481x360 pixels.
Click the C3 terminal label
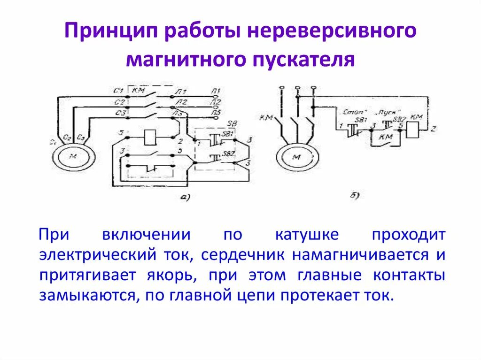[119, 113]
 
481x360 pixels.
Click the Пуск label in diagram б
[386, 113]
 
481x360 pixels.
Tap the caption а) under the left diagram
[185, 198]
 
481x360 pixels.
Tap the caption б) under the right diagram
[355, 197]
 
